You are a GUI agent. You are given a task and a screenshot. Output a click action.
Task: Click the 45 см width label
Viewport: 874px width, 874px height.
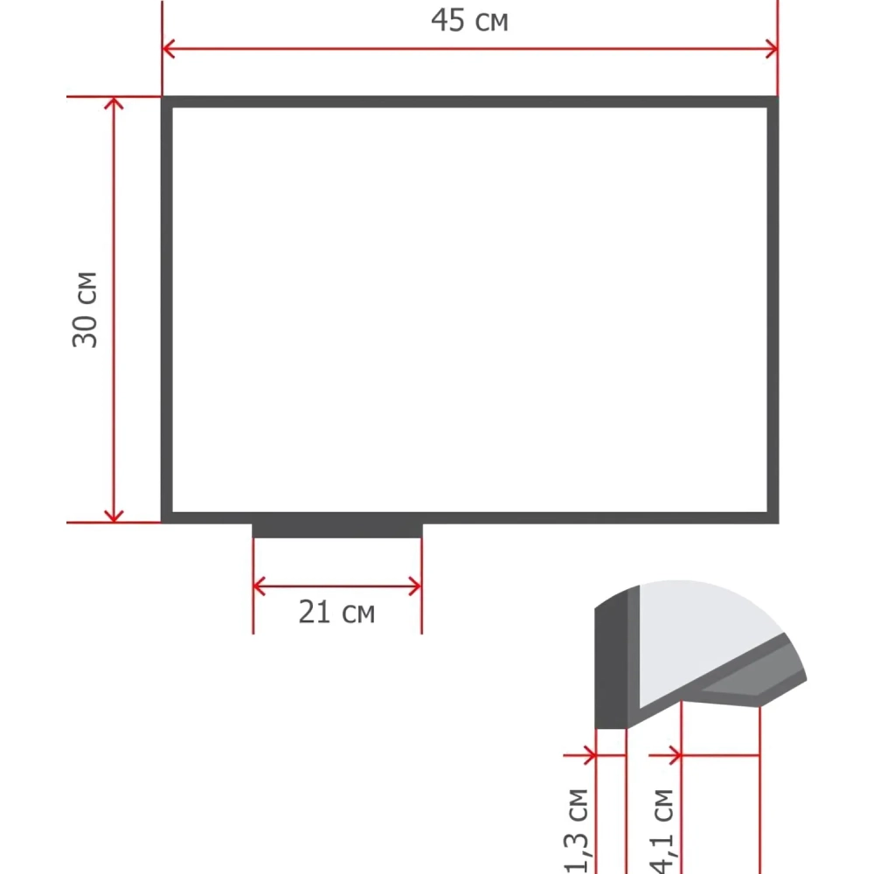(469, 21)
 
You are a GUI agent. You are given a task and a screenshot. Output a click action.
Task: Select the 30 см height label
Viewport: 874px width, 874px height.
(85, 310)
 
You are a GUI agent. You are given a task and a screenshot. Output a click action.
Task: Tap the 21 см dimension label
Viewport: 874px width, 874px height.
(336, 612)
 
